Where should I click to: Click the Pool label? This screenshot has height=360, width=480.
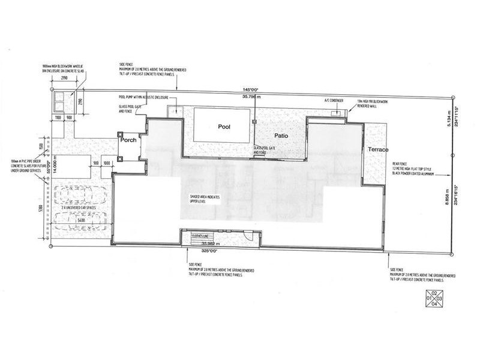click(x=224, y=127)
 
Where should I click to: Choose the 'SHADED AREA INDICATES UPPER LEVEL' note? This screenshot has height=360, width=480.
click(x=203, y=199)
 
